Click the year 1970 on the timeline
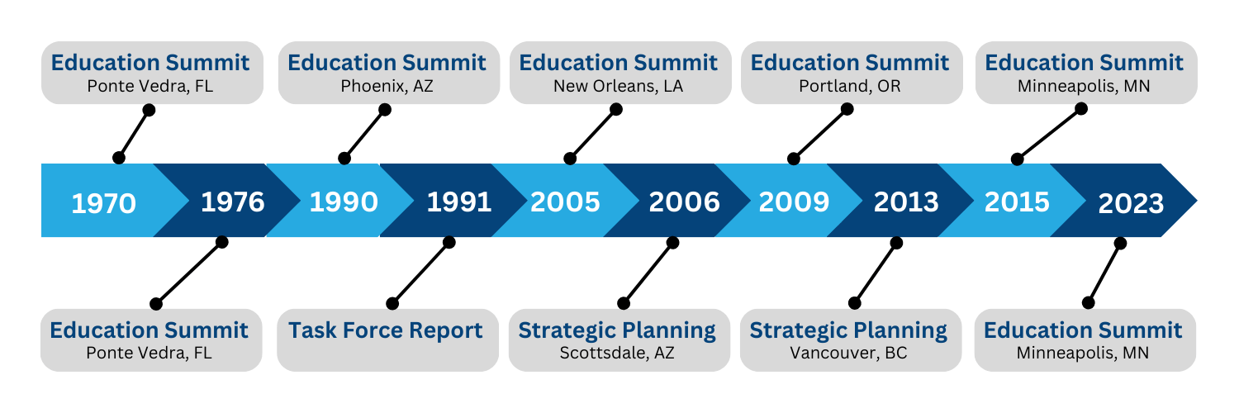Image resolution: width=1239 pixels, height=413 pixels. (x=104, y=203)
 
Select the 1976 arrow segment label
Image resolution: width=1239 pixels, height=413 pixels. (x=233, y=202)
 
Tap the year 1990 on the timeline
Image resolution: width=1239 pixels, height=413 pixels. (x=344, y=202)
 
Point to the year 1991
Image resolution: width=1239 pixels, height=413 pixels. (x=459, y=202)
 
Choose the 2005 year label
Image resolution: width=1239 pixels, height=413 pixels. (x=565, y=202)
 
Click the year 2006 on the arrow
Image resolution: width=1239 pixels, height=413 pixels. (x=684, y=202)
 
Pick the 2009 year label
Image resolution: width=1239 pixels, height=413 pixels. (x=795, y=202)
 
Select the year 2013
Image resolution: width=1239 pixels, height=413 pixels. (x=906, y=202)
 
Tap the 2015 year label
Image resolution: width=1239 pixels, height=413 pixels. (x=1017, y=202)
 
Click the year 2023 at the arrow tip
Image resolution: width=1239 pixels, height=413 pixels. (x=1131, y=203)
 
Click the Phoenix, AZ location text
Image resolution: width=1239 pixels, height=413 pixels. (x=387, y=87)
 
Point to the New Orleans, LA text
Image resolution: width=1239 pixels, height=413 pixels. (x=619, y=87)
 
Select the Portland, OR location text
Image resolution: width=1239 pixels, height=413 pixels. (x=850, y=87)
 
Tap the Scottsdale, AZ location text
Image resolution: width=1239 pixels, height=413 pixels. (x=617, y=354)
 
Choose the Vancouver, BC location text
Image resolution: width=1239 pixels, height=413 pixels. (x=848, y=354)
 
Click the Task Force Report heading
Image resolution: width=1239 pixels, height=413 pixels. (x=386, y=330)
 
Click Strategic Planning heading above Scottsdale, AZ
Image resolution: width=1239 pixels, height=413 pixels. (x=617, y=331)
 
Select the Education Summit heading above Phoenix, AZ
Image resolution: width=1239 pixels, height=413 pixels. (x=387, y=63)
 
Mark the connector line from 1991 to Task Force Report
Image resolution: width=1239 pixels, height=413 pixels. (x=421, y=273)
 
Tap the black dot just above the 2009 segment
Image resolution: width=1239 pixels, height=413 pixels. (x=794, y=159)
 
